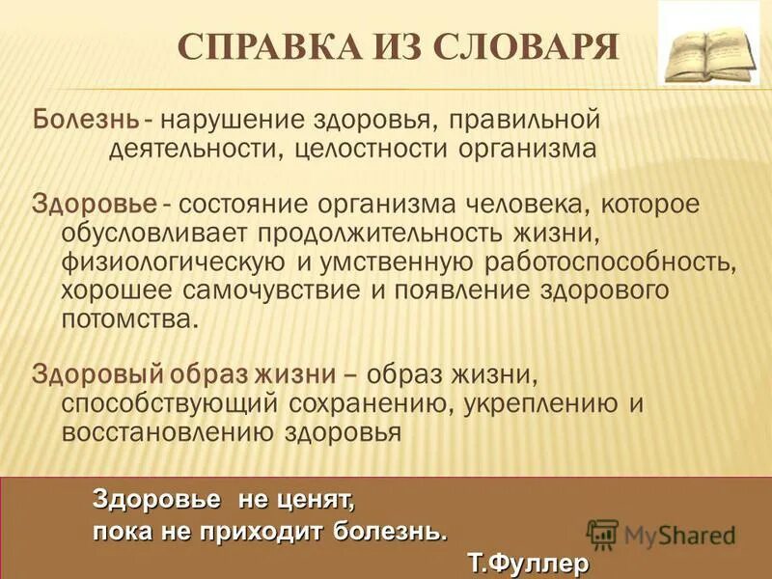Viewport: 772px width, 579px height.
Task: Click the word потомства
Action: [x=129, y=319]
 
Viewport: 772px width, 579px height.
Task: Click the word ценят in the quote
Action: [x=315, y=500]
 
